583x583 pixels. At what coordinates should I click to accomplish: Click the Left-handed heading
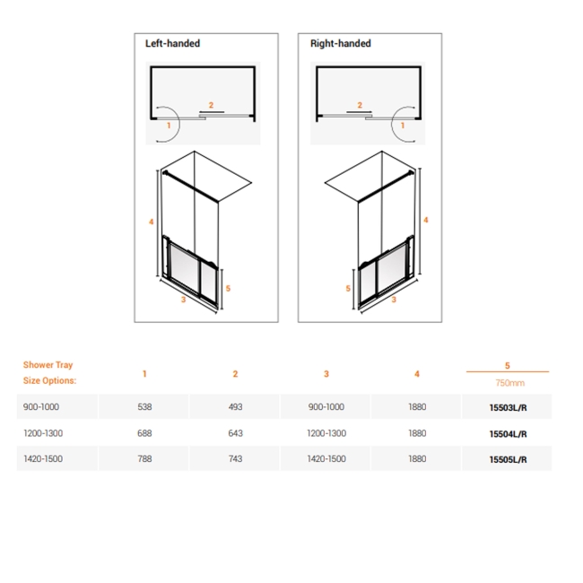pos(172,43)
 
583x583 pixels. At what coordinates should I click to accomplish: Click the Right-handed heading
pos(340,43)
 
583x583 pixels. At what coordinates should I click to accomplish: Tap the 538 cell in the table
pos(144,406)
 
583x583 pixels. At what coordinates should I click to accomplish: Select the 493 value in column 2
pos(235,406)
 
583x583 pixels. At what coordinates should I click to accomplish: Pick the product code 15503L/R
pos(508,407)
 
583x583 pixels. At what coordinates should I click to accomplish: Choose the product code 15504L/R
pos(508,433)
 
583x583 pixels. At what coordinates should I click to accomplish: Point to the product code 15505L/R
pos(508,459)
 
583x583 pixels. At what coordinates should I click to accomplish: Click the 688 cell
pos(144,433)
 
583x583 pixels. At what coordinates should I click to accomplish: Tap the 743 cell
pos(235,459)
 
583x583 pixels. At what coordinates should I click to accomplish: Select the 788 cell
pos(144,459)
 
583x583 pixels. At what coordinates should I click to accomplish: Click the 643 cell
pos(235,433)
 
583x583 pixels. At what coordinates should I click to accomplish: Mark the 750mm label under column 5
pos(508,382)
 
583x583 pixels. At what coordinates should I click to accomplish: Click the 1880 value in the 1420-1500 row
pos(417,459)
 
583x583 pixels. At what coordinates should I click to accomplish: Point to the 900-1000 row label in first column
pos(41,406)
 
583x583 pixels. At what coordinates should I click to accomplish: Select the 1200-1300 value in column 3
pos(326,433)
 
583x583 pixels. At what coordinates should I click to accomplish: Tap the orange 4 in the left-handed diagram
pos(152,222)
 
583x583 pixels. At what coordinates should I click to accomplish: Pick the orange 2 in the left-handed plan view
pos(212,105)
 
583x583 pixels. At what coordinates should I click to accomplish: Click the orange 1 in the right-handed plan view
pos(403,126)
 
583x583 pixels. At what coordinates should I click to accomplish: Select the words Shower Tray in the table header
pos(48,365)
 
